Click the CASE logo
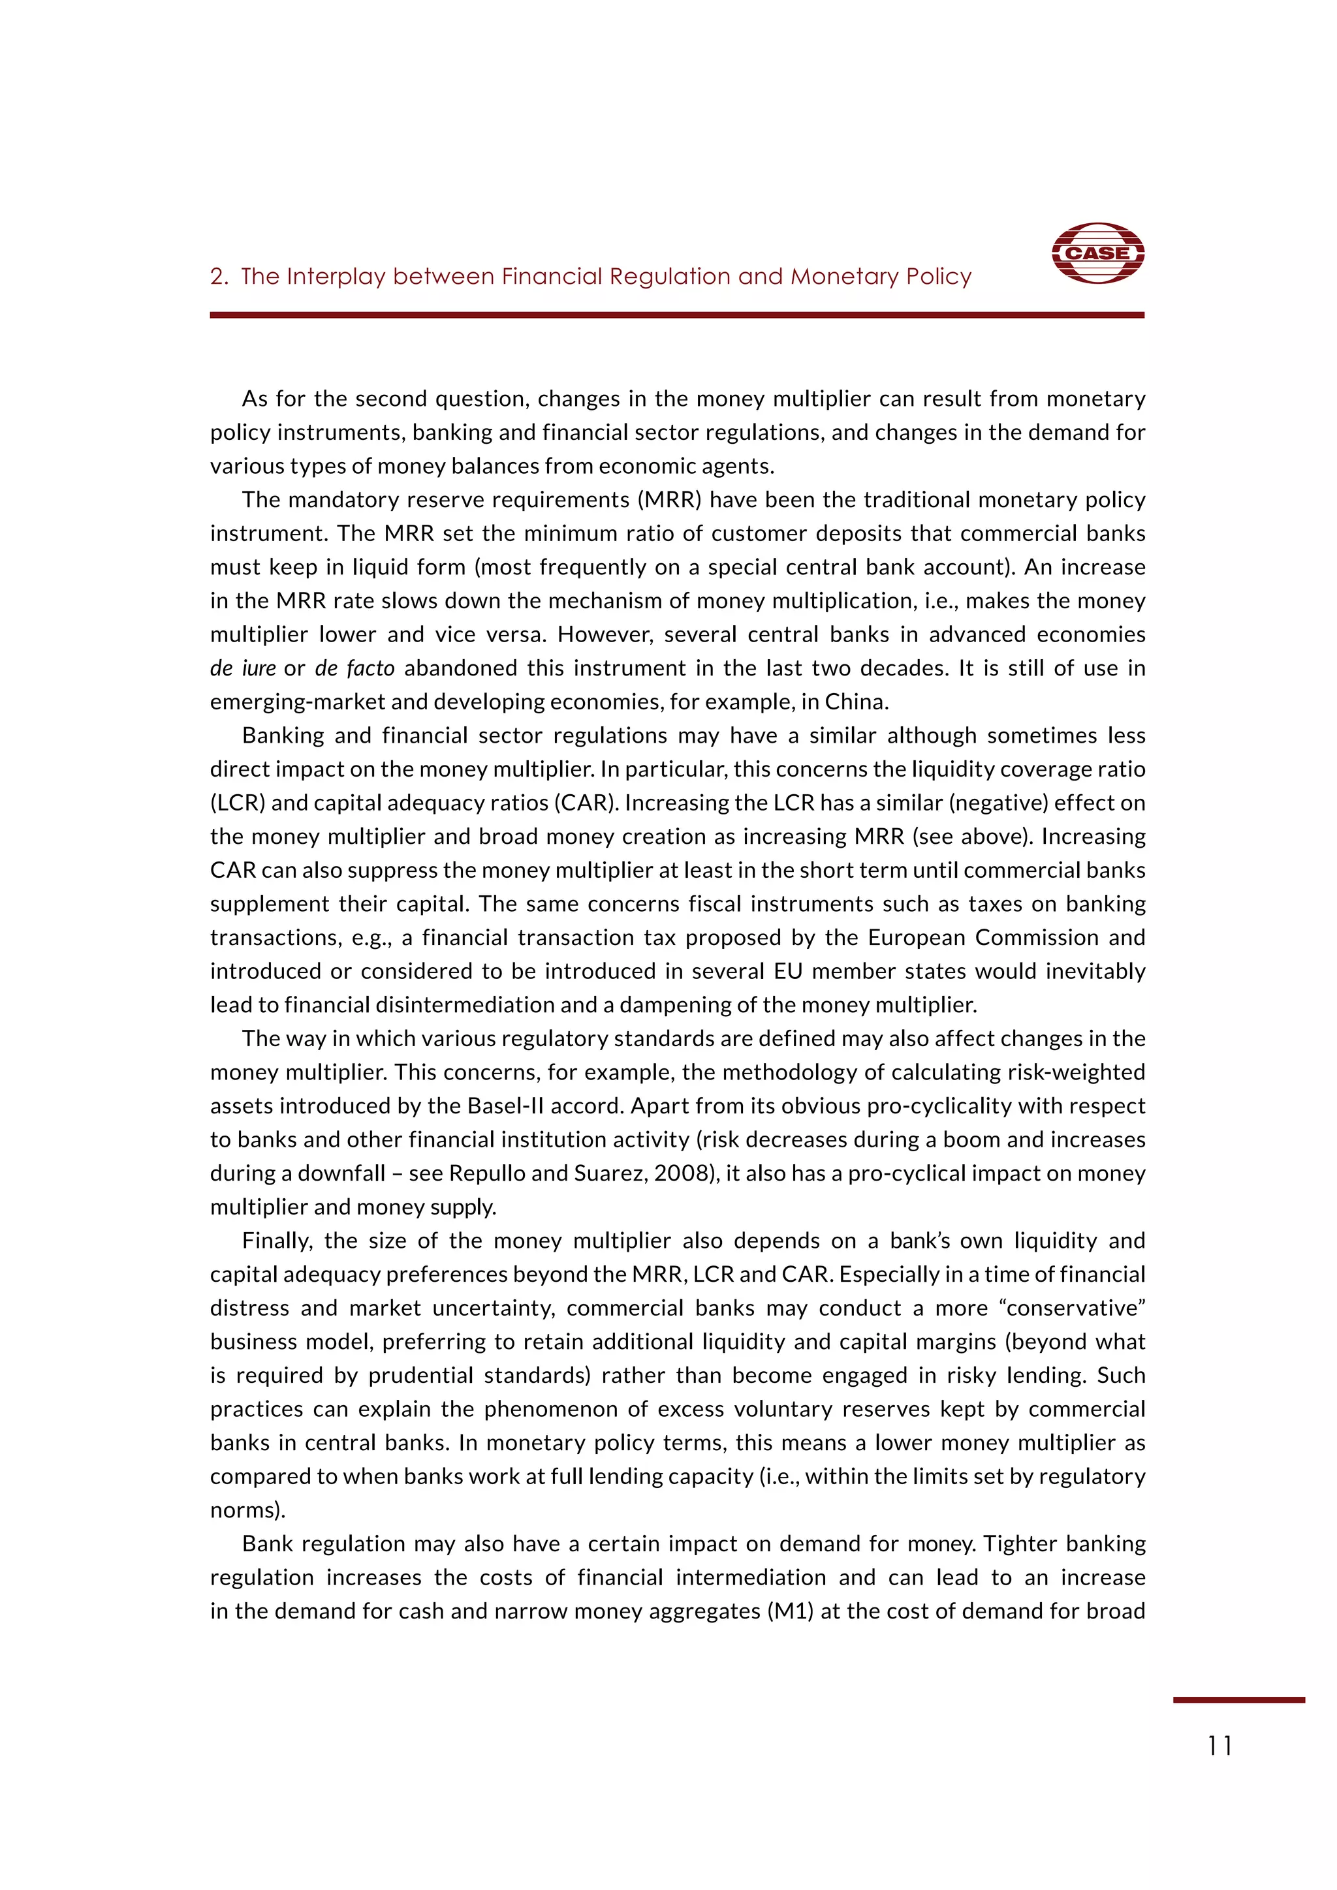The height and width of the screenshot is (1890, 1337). point(1097,253)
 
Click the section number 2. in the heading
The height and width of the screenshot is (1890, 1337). point(219,277)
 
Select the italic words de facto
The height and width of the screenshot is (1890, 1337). point(355,668)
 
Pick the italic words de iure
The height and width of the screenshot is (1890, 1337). point(243,668)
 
